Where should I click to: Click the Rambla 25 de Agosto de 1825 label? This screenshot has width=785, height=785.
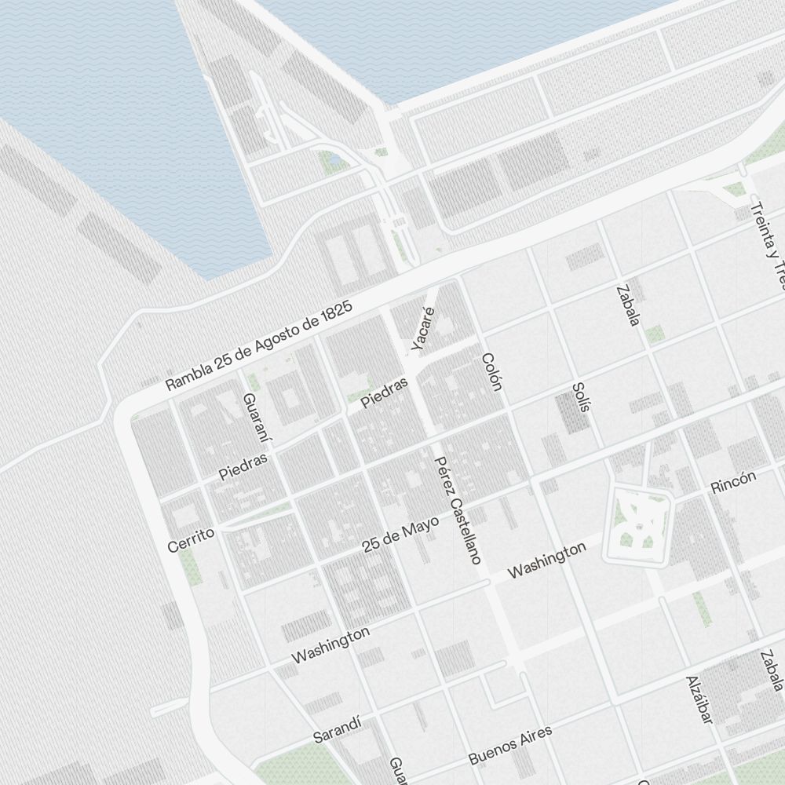click(259, 346)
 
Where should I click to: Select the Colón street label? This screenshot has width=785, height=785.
click(491, 373)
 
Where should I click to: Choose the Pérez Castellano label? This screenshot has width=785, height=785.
click(458, 510)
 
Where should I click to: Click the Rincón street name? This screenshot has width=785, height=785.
click(733, 483)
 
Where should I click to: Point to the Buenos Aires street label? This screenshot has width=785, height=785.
click(510, 745)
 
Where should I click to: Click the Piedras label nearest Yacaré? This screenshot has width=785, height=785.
click(385, 392)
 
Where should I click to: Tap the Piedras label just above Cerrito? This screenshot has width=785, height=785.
click(243, 466)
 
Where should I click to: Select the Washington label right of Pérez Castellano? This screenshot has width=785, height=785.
click(546, 560)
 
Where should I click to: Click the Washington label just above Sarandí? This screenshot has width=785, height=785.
click(330, 644)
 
